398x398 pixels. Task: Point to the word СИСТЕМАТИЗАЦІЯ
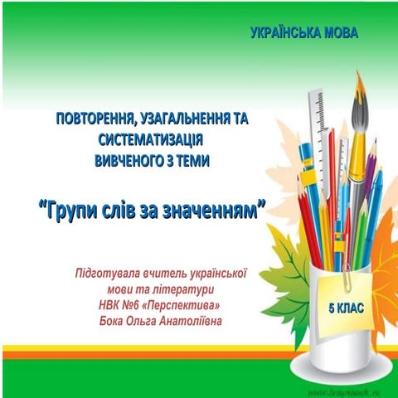[x=152, y=140]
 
